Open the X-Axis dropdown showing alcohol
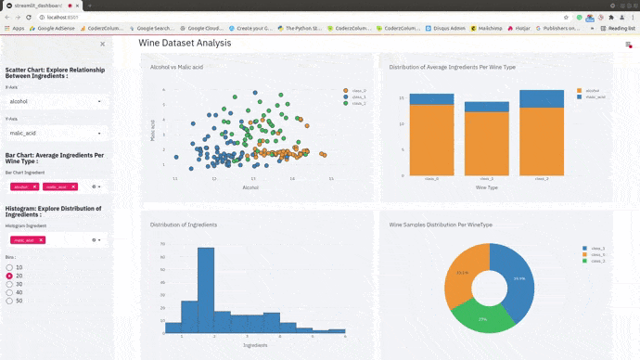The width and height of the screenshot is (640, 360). tap(55, 101)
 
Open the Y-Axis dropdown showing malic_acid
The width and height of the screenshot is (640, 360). tap(55, 134)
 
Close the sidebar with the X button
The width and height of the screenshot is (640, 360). tap(102, 44)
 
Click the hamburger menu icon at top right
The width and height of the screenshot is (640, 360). tap(629, 44)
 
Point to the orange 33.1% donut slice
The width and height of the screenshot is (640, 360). tap(458, 278)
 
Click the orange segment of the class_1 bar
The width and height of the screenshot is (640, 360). tap(486, 144)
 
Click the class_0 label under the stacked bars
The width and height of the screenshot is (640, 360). tap(431, 178)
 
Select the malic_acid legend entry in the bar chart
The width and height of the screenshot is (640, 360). tap(594, 96)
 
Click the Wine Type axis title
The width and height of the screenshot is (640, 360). tap(487, 186)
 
